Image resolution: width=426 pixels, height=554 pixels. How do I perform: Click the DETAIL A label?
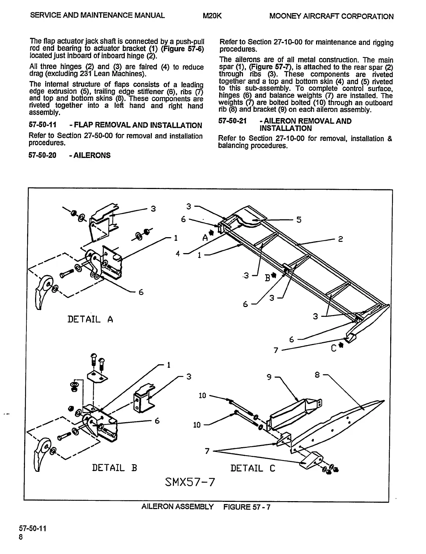[x=90, y=319]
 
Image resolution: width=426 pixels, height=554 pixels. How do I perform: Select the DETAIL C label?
[x=253, y=468]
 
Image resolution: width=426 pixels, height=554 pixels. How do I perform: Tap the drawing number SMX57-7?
[x=189, y=482]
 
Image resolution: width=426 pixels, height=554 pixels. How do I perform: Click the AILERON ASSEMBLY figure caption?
[x=177, y=507]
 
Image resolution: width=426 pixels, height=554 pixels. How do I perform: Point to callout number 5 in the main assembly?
[x=298, y=220]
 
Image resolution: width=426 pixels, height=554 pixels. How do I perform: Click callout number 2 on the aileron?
[x=340, y=239]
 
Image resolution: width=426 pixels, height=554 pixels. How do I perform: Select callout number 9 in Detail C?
[x=269, y=377]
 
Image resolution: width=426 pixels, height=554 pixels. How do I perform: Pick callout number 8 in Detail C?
[x=317, y=375]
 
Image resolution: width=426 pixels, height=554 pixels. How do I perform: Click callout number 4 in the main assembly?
[x=178, y=253]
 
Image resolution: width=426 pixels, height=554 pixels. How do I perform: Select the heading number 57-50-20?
[x=42, y=156]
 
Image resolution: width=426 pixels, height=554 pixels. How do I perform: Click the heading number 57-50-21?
[x=232, y=121]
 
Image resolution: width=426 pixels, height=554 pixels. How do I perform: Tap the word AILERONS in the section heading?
[x=92, y=156]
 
